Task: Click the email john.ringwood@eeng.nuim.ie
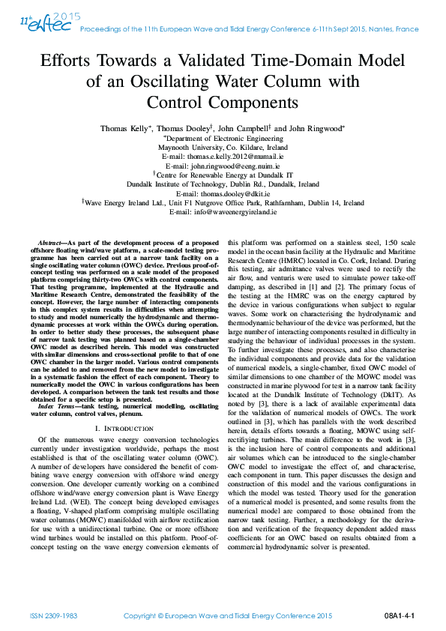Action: [x=223, y=166]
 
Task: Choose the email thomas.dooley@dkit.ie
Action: [x=223, y=193]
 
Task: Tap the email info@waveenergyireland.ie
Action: [x=223, y=212]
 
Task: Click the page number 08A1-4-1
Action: [x=399, y=615]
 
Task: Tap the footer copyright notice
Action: [x=227, y=615]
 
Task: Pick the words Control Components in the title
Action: [x=223, y=101]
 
